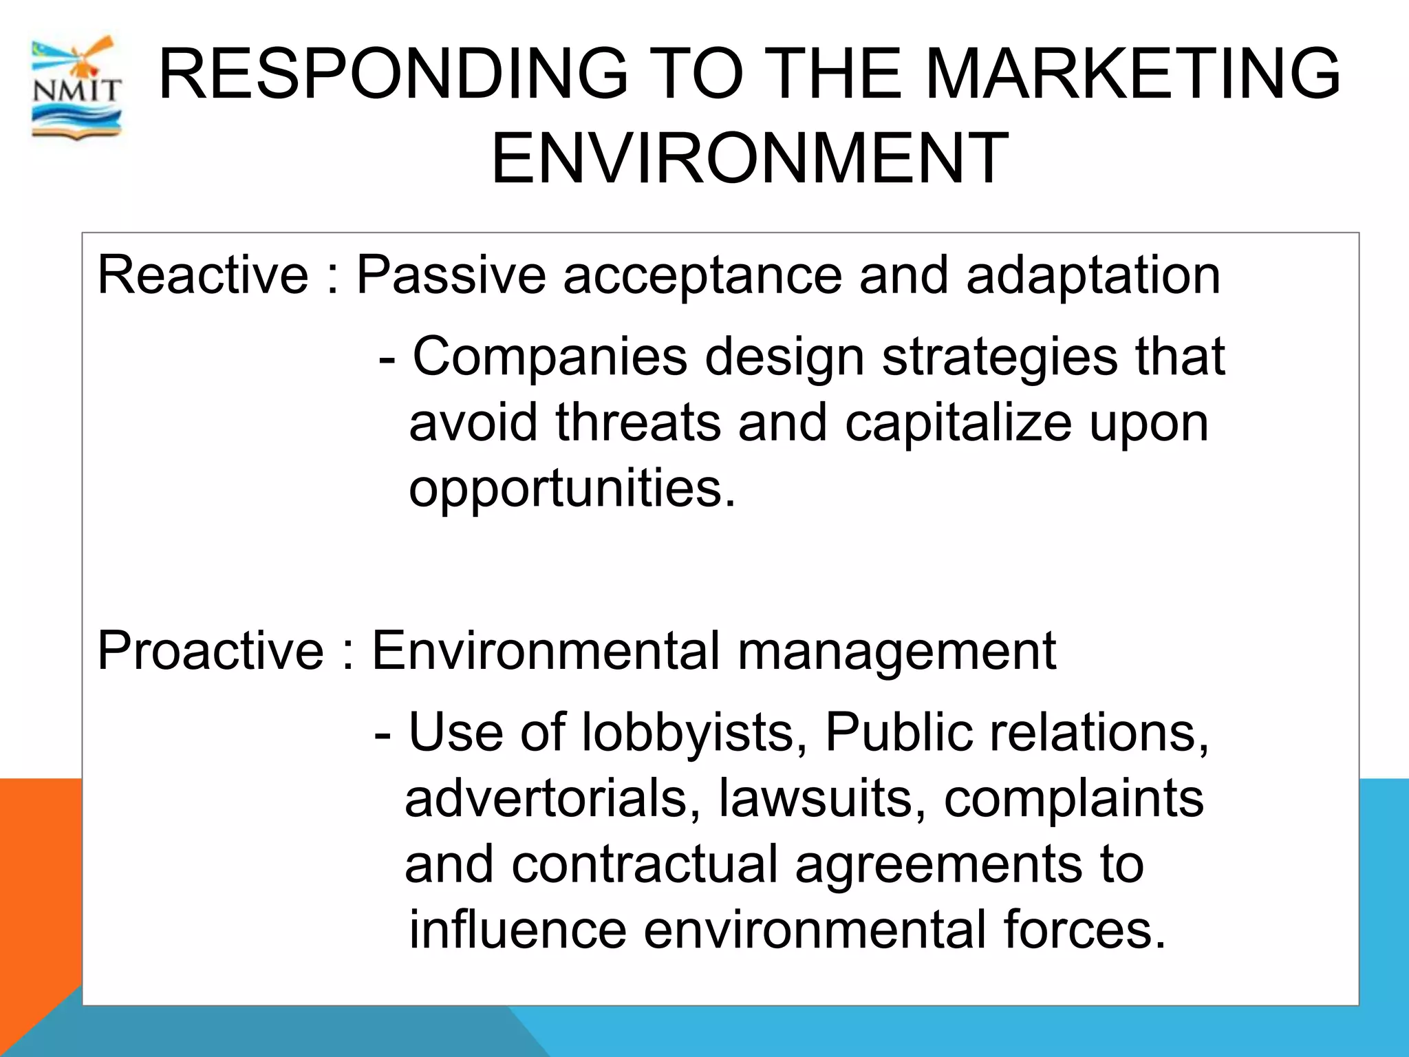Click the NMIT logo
coord(76,88)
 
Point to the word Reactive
coord(203,275)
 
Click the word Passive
coord(451,275)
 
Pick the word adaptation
coord(1093,275)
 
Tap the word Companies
coord(550,357)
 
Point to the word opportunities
coord(572,489)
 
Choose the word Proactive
coord(211,650)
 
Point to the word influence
coord(517,930)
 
